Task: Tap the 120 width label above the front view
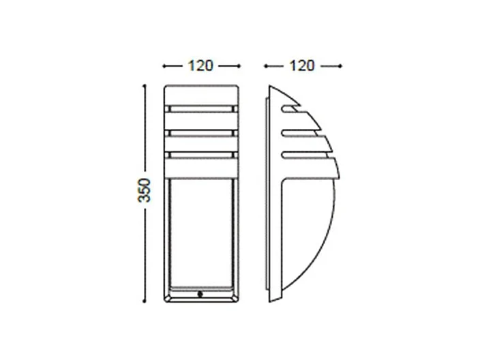click(201, 65)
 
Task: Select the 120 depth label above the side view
click(302, 65)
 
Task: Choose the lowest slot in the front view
click(201, 153)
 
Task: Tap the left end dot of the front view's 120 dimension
click(164, 66)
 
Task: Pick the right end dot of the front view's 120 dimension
click(240, 66)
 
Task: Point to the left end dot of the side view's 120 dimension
click(265, 66)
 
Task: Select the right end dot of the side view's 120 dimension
click(340, 66)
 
